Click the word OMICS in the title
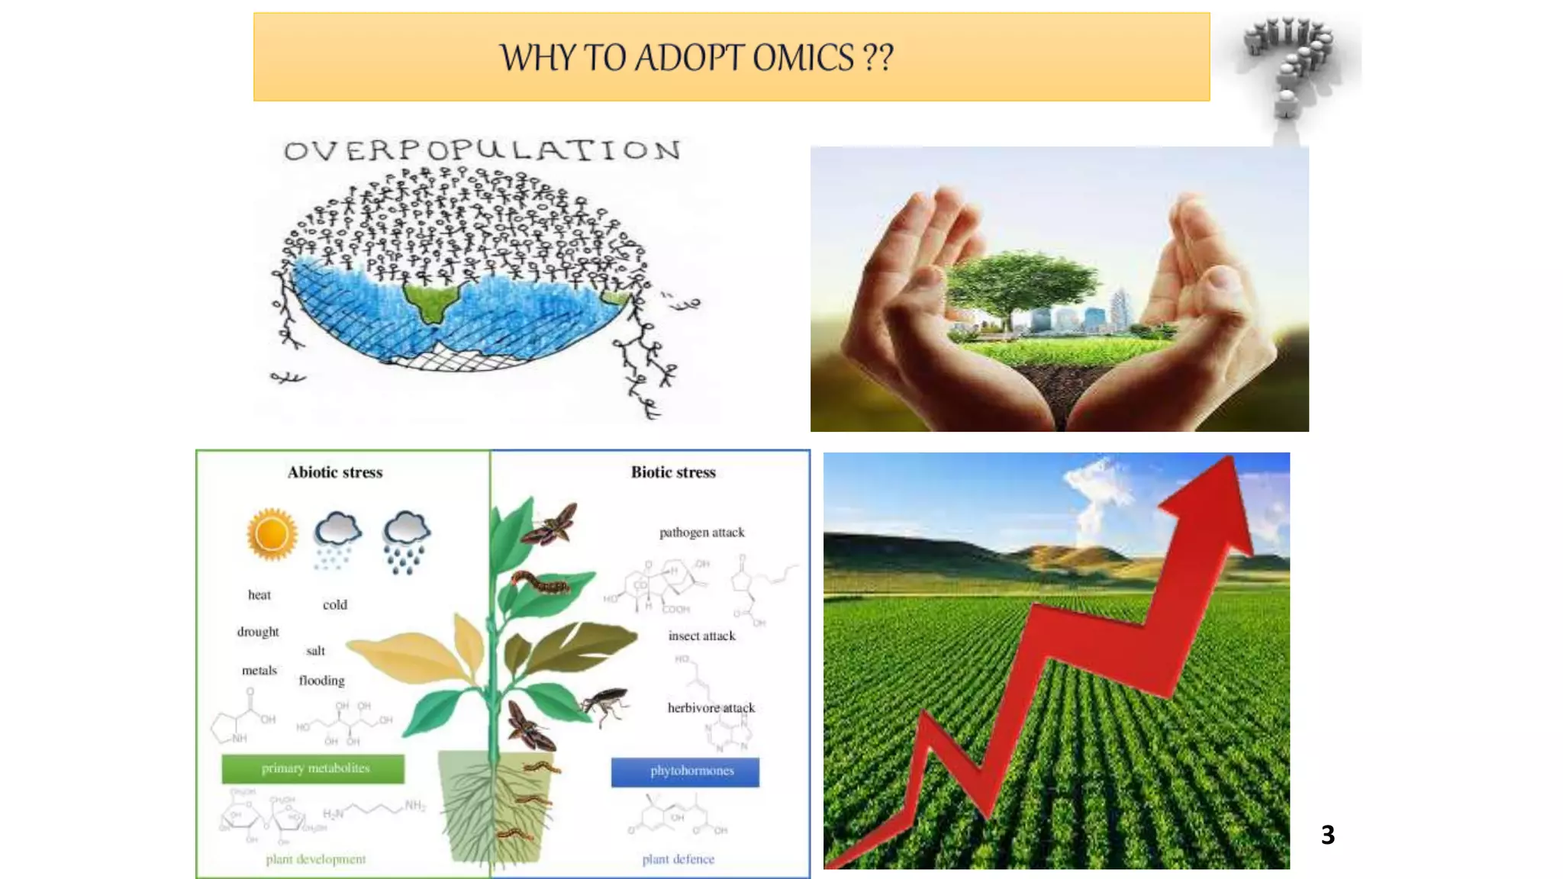[803, 58]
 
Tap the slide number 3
[1328, 835]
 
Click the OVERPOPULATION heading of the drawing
[482, 150]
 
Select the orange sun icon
[272, 533]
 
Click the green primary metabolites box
[313, 768]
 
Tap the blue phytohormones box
[685, 771]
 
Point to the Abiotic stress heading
[335, 472]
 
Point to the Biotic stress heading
[673, 472]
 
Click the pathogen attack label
[701, 533]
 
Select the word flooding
[321, 681]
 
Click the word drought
[258, 632]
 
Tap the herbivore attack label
[711, 708]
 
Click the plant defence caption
[678, 859]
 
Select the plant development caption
[315, 859]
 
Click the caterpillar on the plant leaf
[540, 584]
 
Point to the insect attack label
[701, 636]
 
